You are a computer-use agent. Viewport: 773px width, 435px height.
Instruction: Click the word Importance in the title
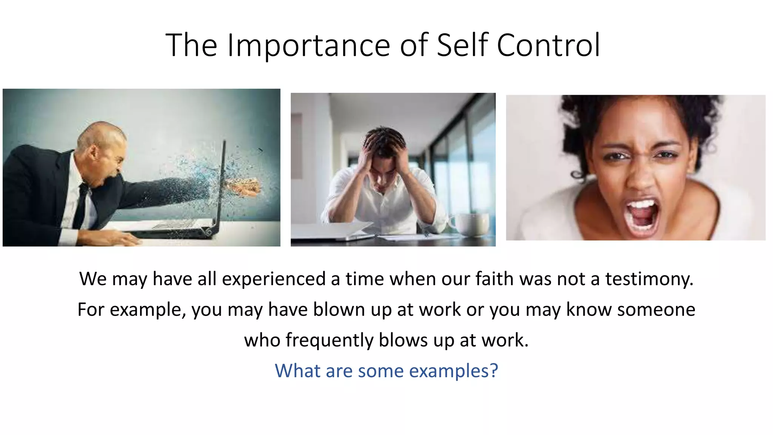point(308,45)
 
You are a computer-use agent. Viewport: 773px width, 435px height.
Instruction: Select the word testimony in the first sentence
point(649,279)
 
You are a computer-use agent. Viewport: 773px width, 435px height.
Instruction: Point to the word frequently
point(329,340)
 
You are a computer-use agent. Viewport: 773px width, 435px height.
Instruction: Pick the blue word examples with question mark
point(453,371)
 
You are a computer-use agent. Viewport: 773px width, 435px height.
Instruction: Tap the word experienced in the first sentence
point(274,279)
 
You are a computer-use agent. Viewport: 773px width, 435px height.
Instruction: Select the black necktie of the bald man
point(82,206)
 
